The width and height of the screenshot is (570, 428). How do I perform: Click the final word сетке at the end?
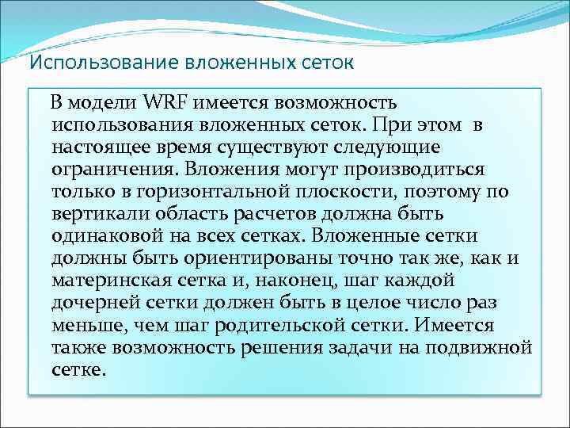click(x=78, y=369)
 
